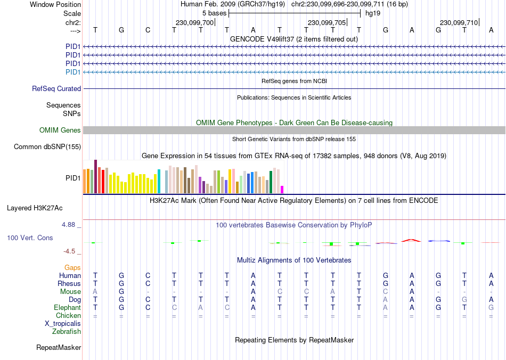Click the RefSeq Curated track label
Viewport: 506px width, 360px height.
[x=56, y=89]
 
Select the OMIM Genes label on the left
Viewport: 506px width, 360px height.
[x=60, y=130]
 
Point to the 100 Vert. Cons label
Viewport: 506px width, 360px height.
[x=30, y=238]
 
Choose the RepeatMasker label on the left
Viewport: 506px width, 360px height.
[x=59, y=348]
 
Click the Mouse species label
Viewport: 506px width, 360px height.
[x=70, y=292]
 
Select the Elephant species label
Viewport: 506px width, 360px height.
[x=67, y=308]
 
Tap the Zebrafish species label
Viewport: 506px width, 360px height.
[x=67, y=332]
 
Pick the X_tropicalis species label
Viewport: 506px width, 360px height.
[x=63, y=324]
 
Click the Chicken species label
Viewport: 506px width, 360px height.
[x=68, y=316]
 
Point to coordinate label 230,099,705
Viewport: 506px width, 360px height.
[x=327, y=23]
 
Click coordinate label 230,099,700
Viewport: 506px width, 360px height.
[x=194, y=23]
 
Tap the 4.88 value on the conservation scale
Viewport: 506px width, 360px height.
[x=71, y=225]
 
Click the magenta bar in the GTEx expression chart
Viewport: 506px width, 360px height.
[x=282, y=190]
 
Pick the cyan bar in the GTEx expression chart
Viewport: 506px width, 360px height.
[x=159, y=182]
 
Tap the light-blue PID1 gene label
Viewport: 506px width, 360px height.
[x=73, y=72]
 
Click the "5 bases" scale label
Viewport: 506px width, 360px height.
[x=215, y=13]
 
